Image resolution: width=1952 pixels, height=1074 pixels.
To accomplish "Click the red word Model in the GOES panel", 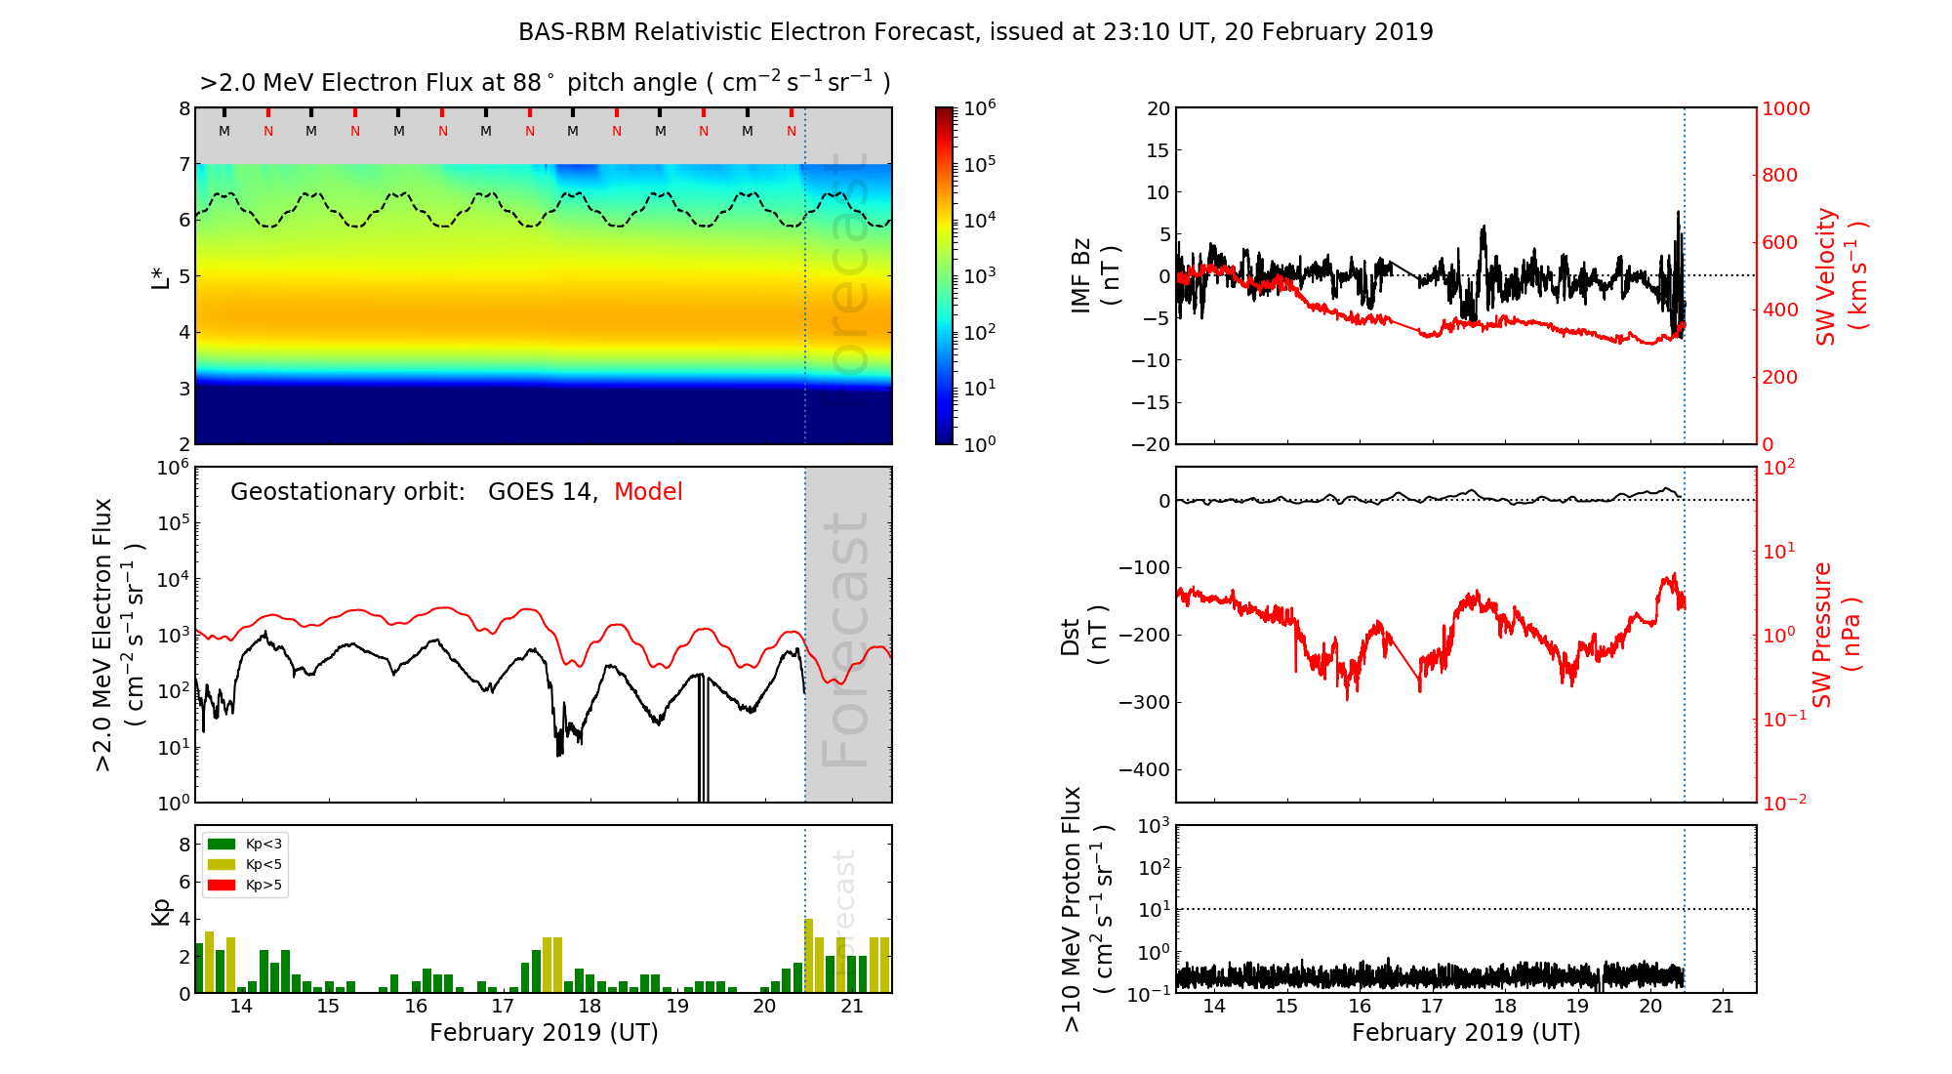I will (x=648, y=492).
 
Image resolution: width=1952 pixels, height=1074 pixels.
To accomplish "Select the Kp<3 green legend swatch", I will (x=223, y=844).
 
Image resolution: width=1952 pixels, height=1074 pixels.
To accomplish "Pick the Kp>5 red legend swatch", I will (x=223, y=886).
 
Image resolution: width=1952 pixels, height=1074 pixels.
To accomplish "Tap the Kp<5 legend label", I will (x=264, y=865).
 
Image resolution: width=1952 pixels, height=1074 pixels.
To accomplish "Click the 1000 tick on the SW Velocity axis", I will (x=1786, y=109).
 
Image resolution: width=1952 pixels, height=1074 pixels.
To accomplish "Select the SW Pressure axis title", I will (x=1836, y=635).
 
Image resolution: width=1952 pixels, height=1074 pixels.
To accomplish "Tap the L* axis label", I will (x=161, y=276).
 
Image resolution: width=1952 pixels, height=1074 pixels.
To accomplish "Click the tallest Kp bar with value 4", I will (x=809, y=955).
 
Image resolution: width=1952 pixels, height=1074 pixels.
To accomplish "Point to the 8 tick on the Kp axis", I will (x=184, y=845).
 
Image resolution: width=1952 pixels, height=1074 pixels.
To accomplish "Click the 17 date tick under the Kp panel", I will (x=503, y=1007).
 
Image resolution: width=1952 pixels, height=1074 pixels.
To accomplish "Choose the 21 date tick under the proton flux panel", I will (x=1723, y=1007).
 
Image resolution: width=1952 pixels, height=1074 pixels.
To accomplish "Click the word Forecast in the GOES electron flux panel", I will (x=846, y=640).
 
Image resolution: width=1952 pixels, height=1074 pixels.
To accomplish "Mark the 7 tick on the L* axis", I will (x=184, y=165).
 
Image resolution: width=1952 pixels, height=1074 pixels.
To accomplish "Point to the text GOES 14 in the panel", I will (x=541, y=492).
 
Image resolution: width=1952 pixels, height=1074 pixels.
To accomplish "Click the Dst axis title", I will (x=1083, y=636).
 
